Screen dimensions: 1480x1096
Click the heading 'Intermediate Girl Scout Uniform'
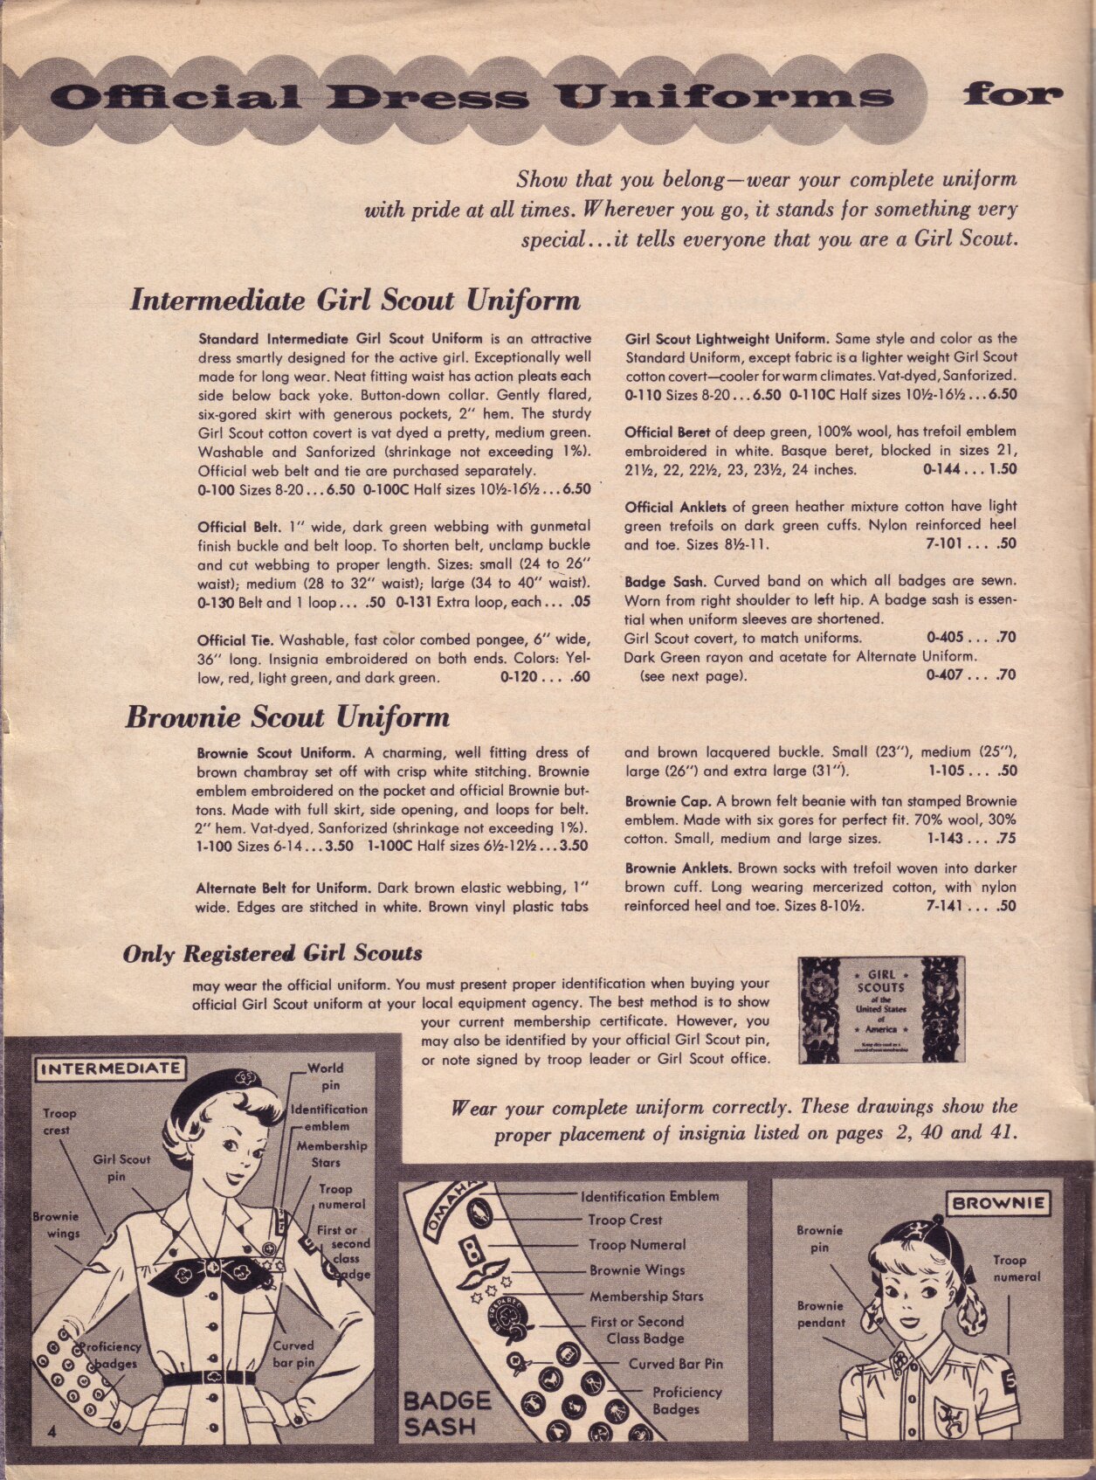[355, 300]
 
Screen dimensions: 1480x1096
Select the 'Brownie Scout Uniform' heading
[287, 717]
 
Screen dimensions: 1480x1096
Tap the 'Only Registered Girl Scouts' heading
[272, 953]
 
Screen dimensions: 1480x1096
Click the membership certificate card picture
[881, 1010]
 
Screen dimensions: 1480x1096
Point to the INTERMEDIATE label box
[110, 1068]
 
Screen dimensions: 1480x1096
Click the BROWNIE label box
[998, 1203]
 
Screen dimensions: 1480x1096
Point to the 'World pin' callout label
[327, 1076]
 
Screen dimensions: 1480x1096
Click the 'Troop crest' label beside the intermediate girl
[59, 1121]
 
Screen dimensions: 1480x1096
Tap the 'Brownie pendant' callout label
[820, 1313]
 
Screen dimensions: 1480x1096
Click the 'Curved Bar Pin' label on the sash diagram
[676, 1363]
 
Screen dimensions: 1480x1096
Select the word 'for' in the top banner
[1013, 94]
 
